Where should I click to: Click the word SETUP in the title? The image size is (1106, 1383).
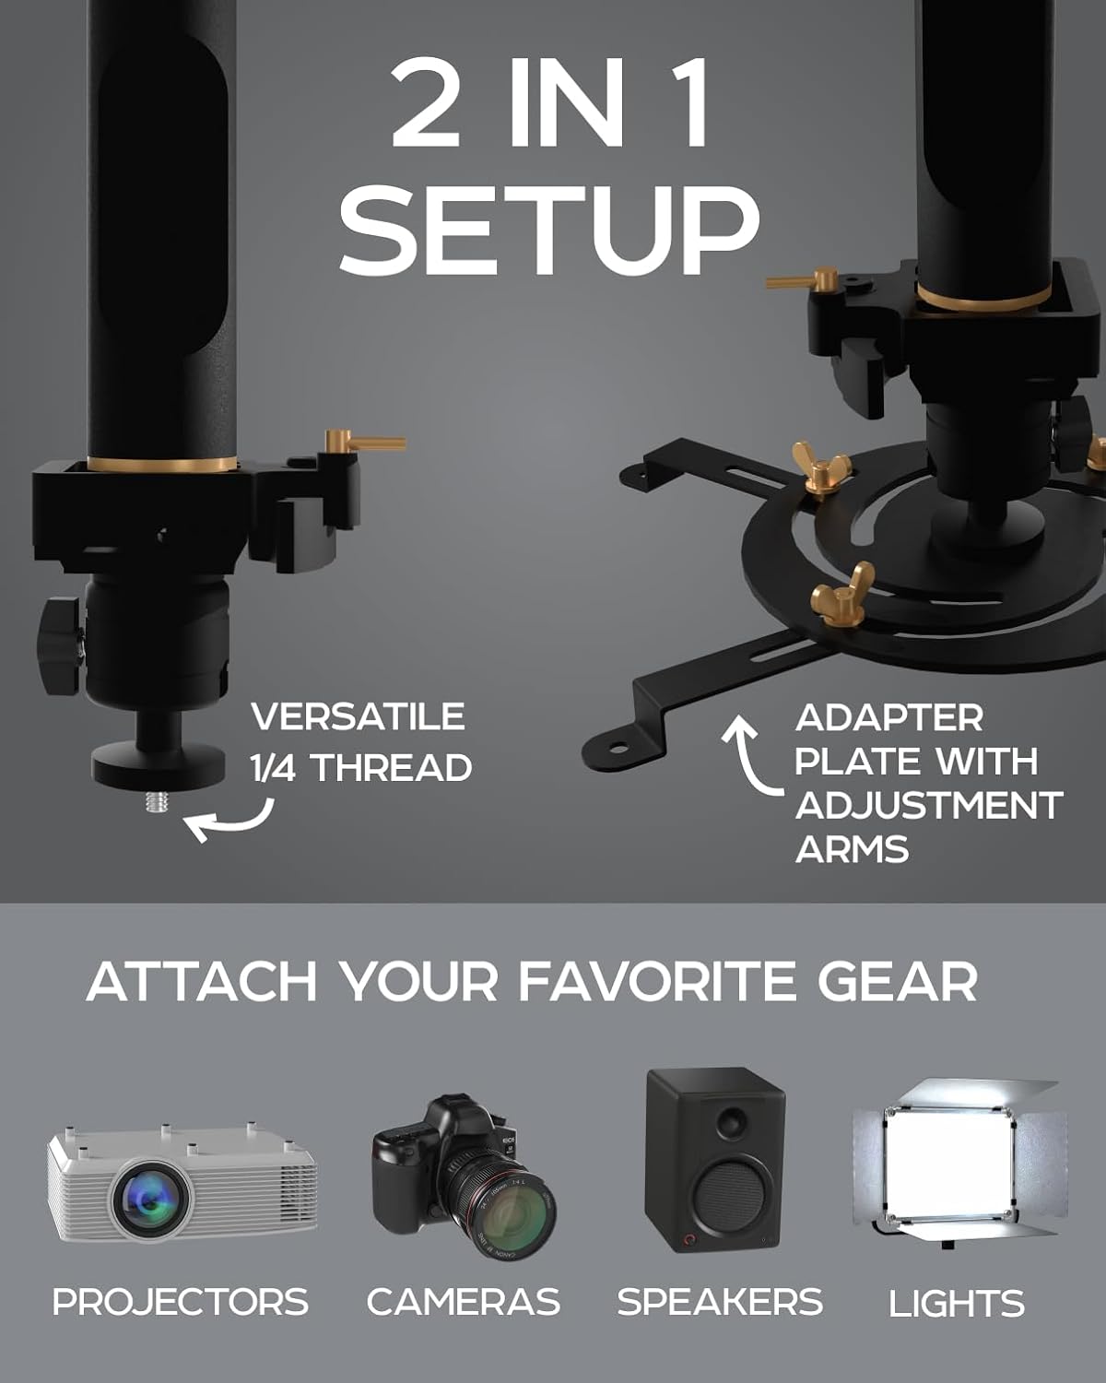coord(549,229)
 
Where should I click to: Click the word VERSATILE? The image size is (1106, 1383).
coord(358,717)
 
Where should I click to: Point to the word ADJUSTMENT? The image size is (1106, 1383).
coord(928,805)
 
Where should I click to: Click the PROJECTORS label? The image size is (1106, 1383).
coord(181,1302)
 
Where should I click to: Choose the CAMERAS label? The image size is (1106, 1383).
coord(463,1302)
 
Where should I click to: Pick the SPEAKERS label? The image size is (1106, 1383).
coord(719,1302)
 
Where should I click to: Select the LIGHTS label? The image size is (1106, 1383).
coord(956,1304)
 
